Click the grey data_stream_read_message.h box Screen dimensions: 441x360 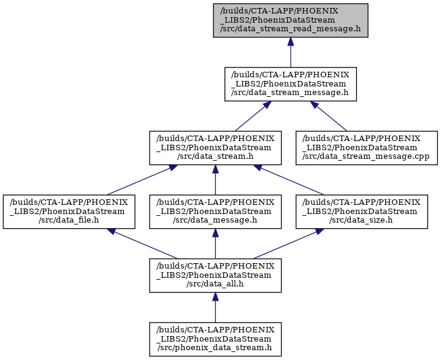click(291, 20)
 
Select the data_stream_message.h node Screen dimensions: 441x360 click(291, 84)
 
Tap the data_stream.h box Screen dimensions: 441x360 click(215, 148)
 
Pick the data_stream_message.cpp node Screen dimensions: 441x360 click(367, 148)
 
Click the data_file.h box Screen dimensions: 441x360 click(69, 212)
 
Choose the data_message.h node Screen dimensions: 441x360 click(215, 212)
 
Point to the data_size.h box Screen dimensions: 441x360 click(362, 212)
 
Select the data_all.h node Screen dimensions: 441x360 click(215, 275)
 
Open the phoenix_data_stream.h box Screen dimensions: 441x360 click(215, 340)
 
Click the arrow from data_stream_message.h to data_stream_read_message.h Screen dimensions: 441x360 click(291, 52)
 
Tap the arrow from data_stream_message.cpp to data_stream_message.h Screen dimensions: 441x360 click(329, 116)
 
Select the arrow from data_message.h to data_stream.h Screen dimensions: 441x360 click(215, 180)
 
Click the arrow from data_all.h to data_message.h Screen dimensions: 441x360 click(215, 244)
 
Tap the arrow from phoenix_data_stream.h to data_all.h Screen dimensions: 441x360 click(215, 308)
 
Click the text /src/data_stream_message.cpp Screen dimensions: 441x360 click(366, 156)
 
